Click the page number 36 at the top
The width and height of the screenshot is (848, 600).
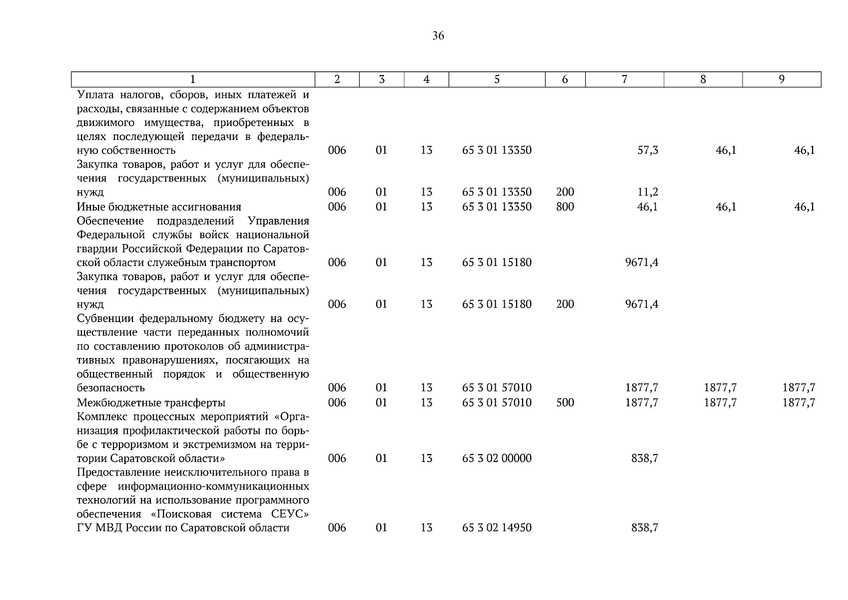click(x=438, y=35)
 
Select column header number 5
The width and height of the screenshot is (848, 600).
click(x=497, y=79)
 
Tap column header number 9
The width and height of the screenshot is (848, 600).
click(x=782, y=79)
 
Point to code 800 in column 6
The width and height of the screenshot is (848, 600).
click(x=565, y=206)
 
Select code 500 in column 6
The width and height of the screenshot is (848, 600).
click(x=565, y=402)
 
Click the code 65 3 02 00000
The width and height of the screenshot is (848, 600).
click(x=497, y=458)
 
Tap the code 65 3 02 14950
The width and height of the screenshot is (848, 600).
click(x=497, y=527)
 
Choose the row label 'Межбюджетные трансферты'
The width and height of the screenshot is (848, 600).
click(x=151, y=402)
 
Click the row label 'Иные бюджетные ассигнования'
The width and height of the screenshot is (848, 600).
click(x=159, y=206)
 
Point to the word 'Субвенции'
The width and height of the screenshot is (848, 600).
click(x=105, y=318)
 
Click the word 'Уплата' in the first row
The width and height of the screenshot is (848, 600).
click(x=95, y=94)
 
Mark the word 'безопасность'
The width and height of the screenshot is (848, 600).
click(x=111, y=387)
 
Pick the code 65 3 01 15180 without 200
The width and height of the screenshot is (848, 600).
click(x=497, y=262)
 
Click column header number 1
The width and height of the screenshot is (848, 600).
click(x=193, y=79)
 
